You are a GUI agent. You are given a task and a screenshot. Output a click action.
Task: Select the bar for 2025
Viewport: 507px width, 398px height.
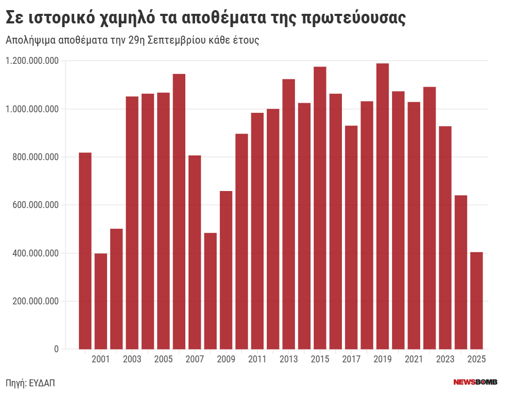pyautogui.click(x=477, y=301)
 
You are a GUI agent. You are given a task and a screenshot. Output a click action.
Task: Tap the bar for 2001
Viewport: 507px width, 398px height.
pyautogui.click(x=101, y=301)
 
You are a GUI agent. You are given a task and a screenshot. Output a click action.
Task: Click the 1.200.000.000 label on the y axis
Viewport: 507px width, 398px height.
pyautogui.click(x=32, y=61)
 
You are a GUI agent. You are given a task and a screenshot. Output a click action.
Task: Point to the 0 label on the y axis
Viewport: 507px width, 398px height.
pyautogui.click(x=56, y=349)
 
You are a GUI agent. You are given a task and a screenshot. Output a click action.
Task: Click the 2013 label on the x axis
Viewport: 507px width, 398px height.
pyautogui.click(x=289, y=360)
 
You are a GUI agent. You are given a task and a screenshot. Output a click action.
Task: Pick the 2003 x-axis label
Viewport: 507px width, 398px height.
pyautogui.click(x=132, y=360)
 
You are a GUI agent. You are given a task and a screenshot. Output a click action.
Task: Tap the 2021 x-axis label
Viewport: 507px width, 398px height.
pyautogui.click(x=414, y=360)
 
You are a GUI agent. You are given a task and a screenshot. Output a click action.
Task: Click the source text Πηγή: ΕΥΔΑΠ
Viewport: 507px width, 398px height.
pyautogui.click(x=30, y=382)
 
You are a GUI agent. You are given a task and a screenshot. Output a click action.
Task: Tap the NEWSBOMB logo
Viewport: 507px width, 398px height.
pyautogui.click(x=475, y=382)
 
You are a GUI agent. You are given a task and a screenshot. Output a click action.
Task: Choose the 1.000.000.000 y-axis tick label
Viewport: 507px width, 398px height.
pyautogui.click(x=32, y=109)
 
